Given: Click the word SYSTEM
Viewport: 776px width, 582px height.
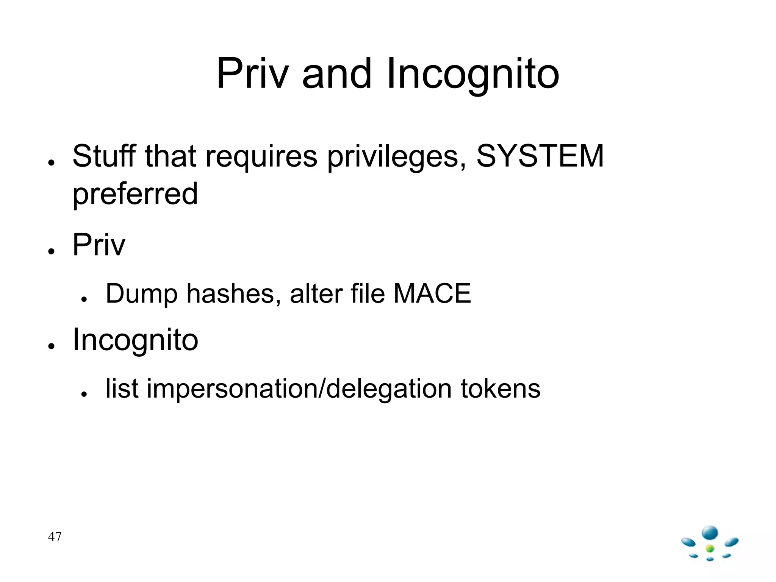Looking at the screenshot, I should coord(540,156).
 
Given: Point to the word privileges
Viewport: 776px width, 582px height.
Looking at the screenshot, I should coord(396,156).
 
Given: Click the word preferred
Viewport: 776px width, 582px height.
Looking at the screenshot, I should coord(135,194).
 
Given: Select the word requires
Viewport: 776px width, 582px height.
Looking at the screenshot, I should coord(261,156).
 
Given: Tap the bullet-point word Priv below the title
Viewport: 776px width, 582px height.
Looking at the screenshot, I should coord(99,245).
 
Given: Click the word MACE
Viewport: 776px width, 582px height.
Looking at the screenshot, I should coord(432,293).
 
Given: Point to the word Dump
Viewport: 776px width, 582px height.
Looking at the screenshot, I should coord(142,293).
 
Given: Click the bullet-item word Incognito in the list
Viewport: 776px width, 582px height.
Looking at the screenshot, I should coord(135,340).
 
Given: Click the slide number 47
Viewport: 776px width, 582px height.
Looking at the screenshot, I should coord(55,537).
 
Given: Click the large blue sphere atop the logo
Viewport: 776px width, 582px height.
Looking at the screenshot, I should coord(710,533).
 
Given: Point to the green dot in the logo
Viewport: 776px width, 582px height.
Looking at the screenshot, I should coord(710,548).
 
